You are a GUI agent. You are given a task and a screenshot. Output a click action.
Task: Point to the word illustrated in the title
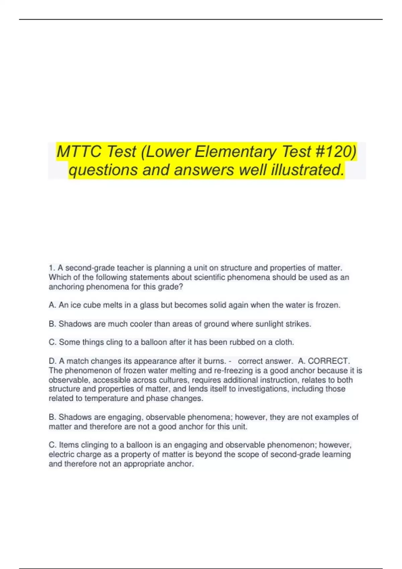[x=308, y=170]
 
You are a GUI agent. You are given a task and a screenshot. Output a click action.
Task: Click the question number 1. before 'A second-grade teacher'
[x=52, y=268]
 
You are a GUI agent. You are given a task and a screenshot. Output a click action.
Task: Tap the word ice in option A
[x=75, y=305]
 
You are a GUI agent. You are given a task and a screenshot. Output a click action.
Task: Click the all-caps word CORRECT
[x=329, y=361]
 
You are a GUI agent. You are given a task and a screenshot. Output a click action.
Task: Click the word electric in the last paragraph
[x=60, y=455]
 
